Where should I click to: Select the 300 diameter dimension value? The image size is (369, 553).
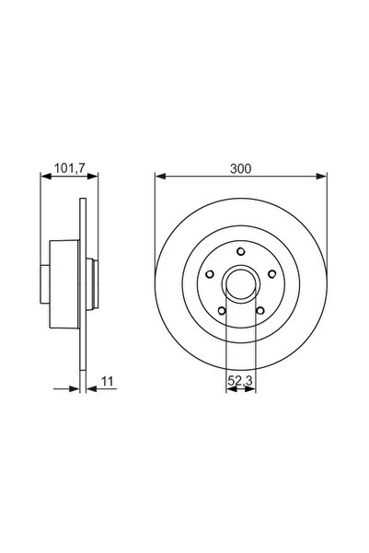(241, 168)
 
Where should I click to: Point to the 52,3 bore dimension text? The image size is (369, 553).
(241, 376)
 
